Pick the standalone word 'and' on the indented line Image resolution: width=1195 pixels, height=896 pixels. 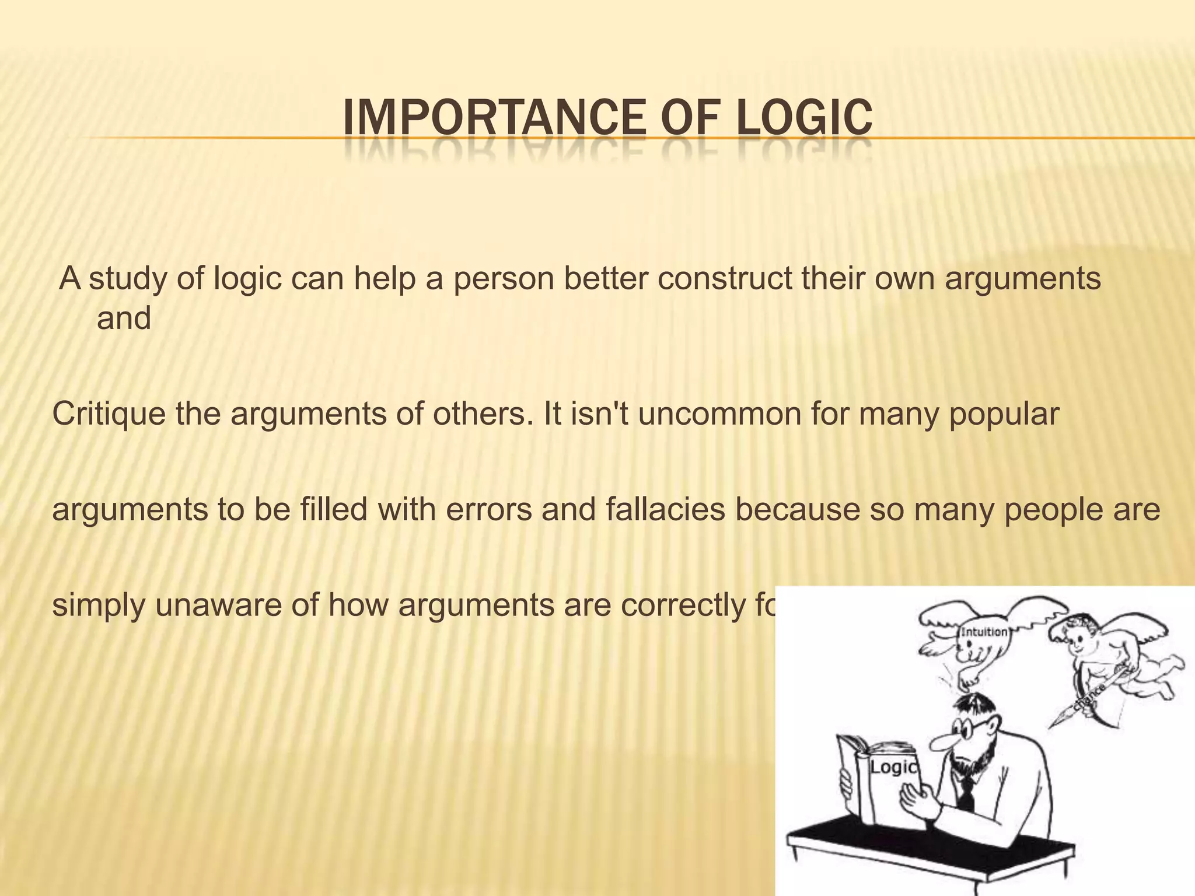(124, 318)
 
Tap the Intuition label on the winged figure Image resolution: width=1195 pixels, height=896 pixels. (984, 631)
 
